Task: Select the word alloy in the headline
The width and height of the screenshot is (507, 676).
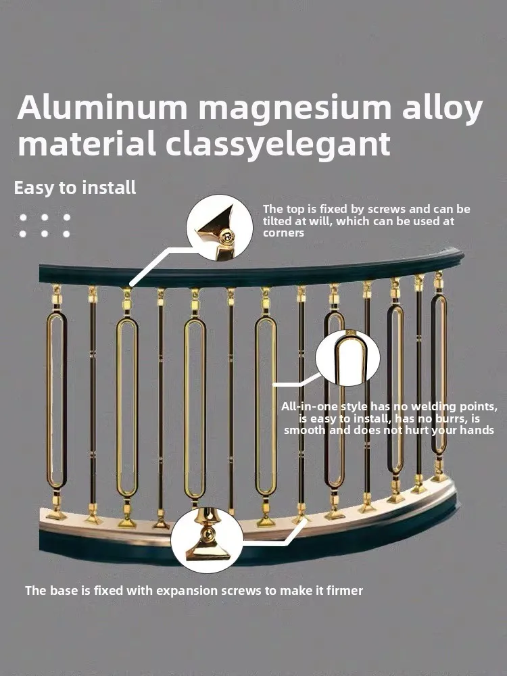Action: pyautogui.click(x=439, y=109)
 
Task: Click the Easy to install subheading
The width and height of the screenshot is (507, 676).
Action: pyautogui.click(x=75, y=188)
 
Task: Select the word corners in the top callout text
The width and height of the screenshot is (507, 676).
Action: pyautogui.click(x=284, y=233)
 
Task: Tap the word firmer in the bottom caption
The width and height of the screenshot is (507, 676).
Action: pyautogui.click(x=344, y=590)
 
